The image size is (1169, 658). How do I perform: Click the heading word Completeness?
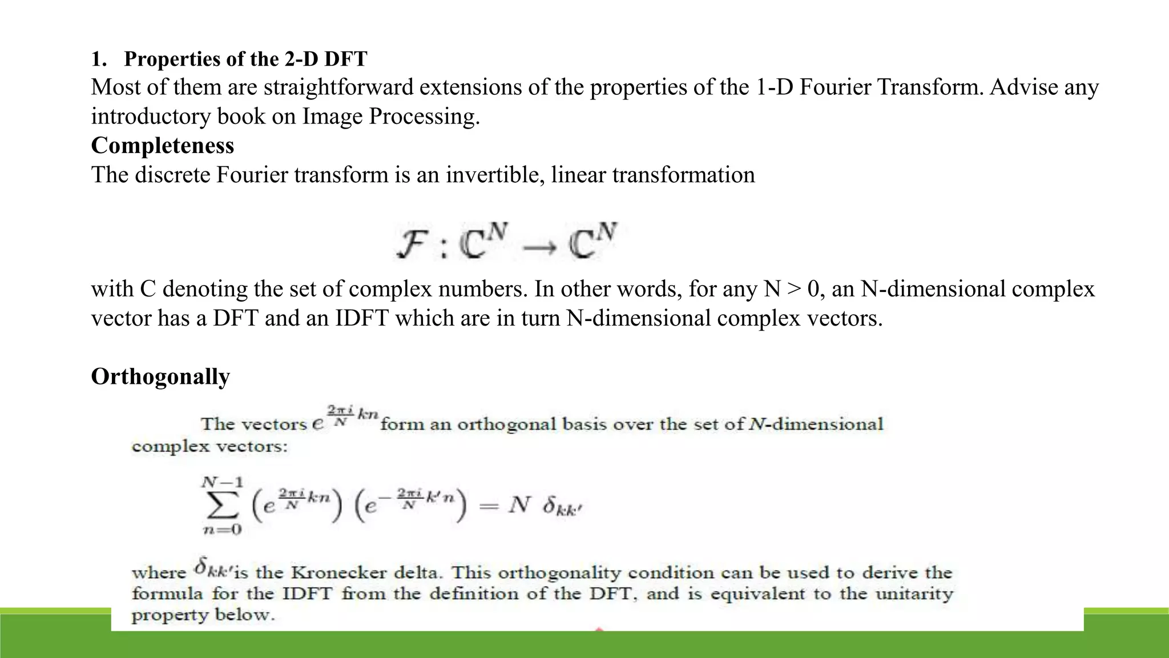[162, 146]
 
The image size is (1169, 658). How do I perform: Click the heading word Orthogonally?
[160, 377]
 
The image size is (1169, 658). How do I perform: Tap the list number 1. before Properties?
[99, 59]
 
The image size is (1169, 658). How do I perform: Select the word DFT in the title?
[345, 59]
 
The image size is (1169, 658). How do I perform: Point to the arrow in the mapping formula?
[539, 247]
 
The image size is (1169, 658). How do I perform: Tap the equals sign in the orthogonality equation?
[489, 505]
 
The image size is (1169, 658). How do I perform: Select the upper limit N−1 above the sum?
[222, 482]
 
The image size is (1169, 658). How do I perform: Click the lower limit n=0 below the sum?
[222, 529]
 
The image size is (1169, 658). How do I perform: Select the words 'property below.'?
[203, 615]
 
